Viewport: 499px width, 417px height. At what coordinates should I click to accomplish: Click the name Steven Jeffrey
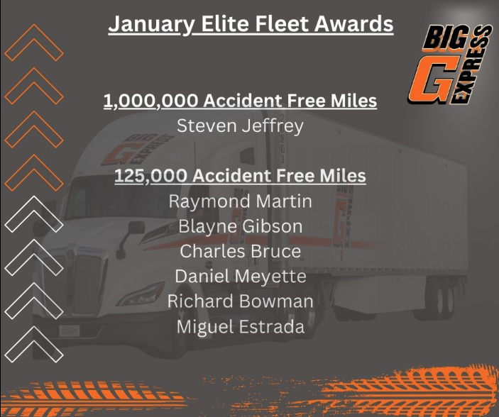[240, 126]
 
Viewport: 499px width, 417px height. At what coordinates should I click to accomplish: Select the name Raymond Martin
[240, 201]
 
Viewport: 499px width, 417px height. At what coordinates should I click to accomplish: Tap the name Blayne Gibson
[240, 226]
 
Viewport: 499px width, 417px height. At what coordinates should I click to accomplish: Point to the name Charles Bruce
[240, 251]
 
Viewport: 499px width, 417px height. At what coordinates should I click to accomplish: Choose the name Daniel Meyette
[240, 276]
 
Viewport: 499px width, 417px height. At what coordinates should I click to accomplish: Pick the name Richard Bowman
[240, 301]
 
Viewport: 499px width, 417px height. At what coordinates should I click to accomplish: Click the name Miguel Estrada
[240, 327]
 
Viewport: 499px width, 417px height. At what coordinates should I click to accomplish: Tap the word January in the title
[151, 25]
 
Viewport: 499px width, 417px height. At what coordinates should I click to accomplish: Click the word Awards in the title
[354, 24]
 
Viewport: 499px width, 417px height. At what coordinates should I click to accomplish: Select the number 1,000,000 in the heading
[151, 101]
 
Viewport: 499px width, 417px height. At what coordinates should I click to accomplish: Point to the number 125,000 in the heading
[150, 176]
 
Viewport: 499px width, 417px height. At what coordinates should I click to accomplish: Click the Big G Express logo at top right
[450, 65]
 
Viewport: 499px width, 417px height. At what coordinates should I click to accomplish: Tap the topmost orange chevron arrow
[34, 43]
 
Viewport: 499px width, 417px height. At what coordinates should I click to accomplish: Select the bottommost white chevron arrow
[34, 345]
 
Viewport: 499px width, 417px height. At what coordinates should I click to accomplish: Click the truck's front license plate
[69, 331]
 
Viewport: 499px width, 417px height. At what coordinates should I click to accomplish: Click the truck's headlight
[142, 294]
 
